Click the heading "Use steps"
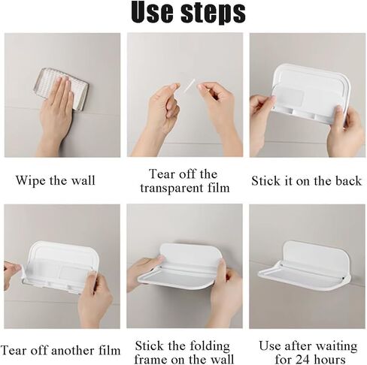188,12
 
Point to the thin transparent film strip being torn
189,86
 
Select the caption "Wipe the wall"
56,180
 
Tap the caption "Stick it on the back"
307,180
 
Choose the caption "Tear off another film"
60,350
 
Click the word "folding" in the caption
210,346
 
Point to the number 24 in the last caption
303,360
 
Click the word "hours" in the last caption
329,360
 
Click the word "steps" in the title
213,14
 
